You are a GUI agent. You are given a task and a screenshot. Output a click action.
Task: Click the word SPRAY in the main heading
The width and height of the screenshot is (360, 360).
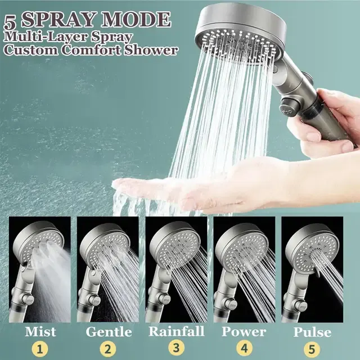pyautogui.click(x=57, y=20)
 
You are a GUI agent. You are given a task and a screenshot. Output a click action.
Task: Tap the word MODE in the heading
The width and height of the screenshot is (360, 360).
pyautogui.click(x=136, y=19)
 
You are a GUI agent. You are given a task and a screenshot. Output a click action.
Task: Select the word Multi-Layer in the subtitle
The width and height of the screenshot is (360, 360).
pyautogui.click(x=46, y=38)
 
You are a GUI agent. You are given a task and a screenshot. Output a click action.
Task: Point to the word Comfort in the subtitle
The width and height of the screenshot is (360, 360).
pyautogui.click(x=91, y=50)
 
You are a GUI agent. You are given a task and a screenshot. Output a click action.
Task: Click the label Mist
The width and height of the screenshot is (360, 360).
pyautogui.click(x=40, y=332)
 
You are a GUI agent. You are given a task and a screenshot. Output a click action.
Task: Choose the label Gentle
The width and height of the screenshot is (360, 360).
pyautogui.click(x=109, y=332)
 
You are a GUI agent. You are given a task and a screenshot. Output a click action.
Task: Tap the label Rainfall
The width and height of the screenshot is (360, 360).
pyautogui.click(x=176, y=331)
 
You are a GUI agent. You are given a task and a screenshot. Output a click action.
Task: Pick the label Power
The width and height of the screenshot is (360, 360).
pyautogui.click(x=244, y=332)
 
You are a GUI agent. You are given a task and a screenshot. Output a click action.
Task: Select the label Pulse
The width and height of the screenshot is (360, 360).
pyautogui.click(x=312, y=332)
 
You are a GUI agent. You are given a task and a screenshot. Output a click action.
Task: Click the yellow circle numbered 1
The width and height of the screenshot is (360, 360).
pyautogui.click(x=40, y=350)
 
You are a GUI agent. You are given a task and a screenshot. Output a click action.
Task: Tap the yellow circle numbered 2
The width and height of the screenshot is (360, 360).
pyautogui.click(x=108, y=349)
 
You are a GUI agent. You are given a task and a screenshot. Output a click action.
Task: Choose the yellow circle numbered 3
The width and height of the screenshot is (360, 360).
pyautogui.click(x=176, y=348)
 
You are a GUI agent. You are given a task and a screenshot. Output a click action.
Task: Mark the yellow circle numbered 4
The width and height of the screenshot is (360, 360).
pyautogui.click(x=244, y=349)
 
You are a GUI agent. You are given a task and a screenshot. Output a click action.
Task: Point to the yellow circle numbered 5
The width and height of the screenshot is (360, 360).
pyautogui.click(x=312, y=349)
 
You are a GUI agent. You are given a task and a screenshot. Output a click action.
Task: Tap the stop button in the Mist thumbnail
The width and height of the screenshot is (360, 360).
pyautogui.click(x=28, y=299)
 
